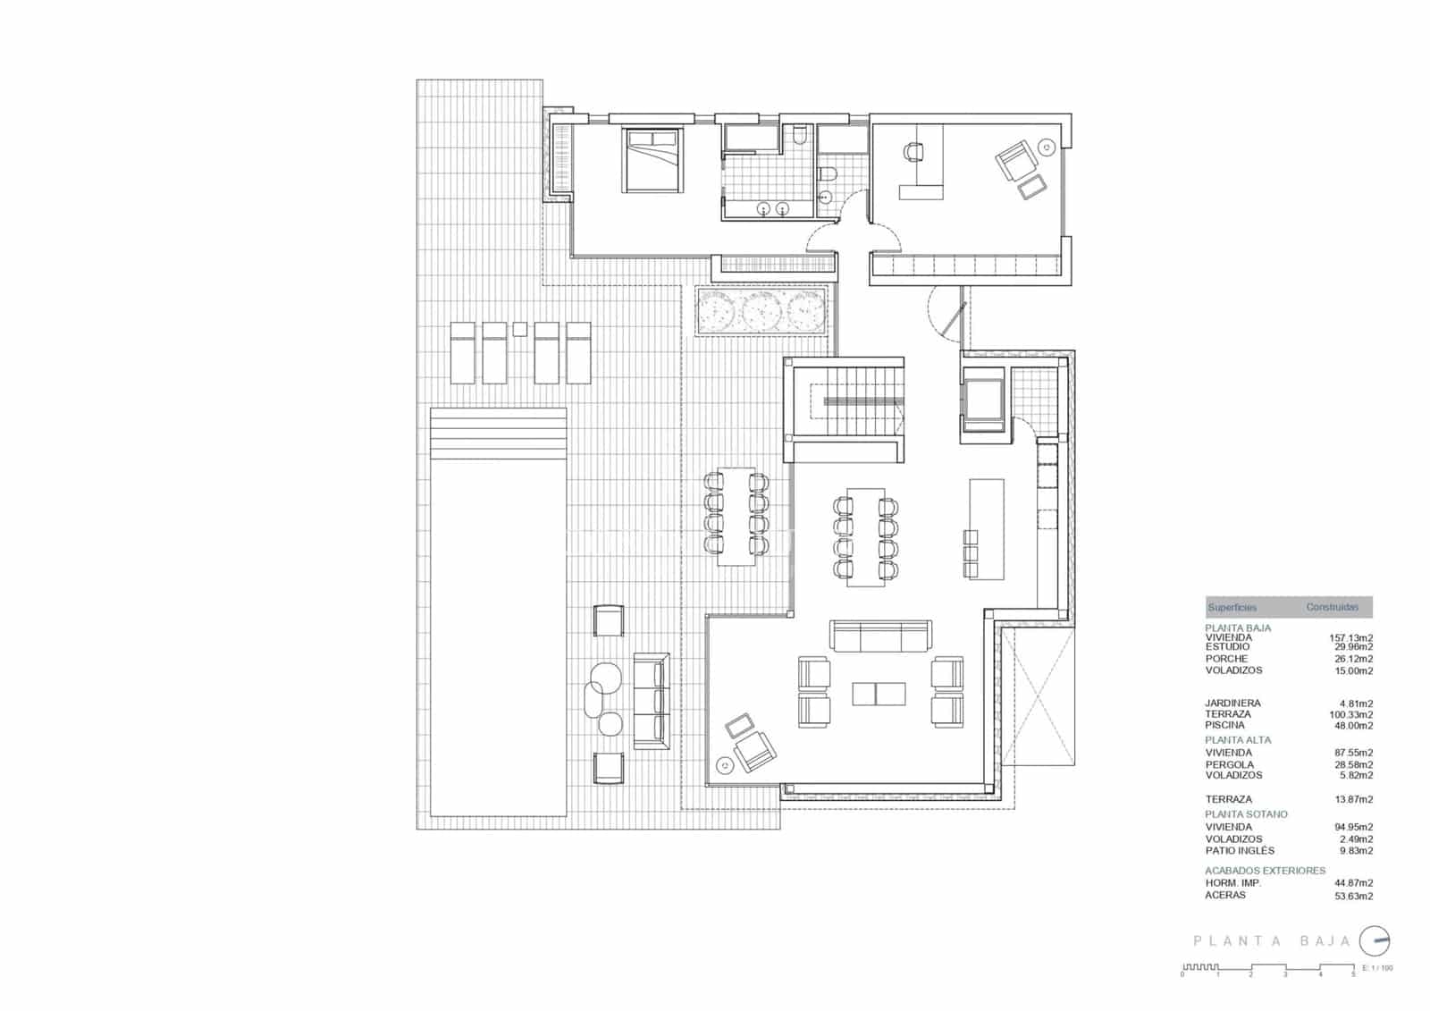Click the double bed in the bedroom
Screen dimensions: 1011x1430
[x=652, y=160]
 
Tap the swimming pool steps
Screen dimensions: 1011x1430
[x=498, y=433]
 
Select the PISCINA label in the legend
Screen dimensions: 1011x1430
[x=1224, y=726]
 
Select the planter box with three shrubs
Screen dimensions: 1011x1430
[x=760, y=312]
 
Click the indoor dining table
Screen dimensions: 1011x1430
[x=865, y=536]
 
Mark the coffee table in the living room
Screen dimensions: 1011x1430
[x=879, y=694]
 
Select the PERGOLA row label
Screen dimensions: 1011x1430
[x=1229, y=765]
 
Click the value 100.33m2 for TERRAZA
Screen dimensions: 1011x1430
[x=1351, y=715]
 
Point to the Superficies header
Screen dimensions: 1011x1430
[x=1232, y=608]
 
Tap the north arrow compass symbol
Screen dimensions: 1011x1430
[x=1375, y=940]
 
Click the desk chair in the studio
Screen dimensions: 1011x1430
[x=913, y=152]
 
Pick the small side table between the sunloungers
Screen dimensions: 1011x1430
[x=519, y=329]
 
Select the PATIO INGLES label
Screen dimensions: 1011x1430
[x=1240, y=851]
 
